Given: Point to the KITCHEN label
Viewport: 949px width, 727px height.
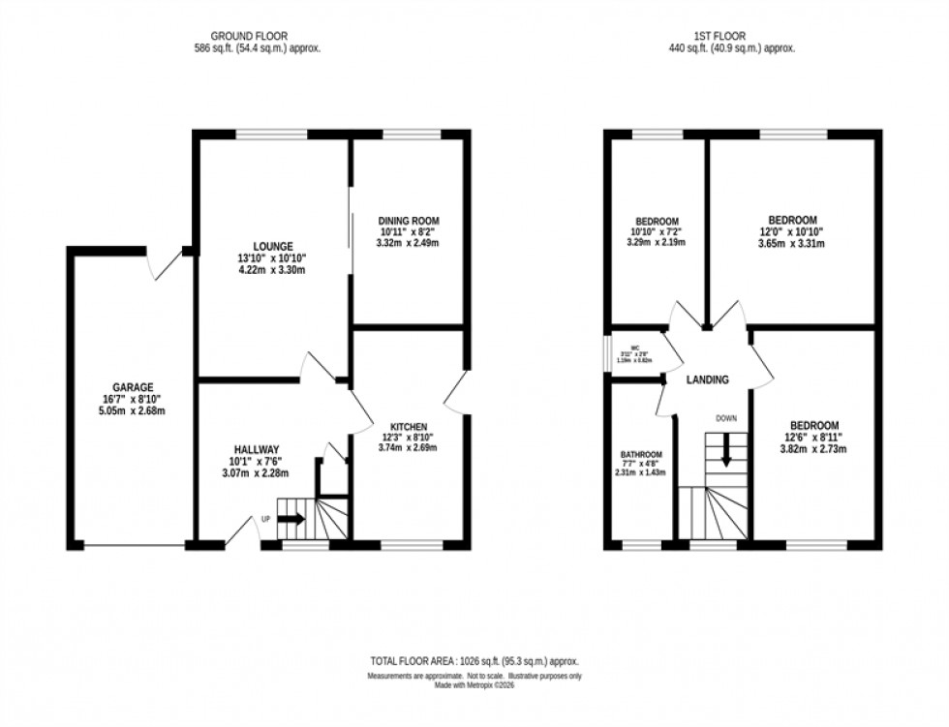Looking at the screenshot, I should coord(408,426).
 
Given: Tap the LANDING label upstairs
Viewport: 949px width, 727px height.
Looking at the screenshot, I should coord(707,380).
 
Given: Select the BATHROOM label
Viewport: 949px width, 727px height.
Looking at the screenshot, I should coord(641,455).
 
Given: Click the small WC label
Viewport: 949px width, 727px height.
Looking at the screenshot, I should coord(636,348).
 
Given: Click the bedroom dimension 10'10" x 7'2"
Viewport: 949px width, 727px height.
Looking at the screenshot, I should coord(657,231).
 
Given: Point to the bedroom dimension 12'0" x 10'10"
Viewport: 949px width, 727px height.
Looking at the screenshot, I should coord(791,231).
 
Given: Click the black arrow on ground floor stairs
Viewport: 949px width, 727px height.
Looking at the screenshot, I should coord(291,519).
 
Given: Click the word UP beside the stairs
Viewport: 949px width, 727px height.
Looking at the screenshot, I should coord(265,519).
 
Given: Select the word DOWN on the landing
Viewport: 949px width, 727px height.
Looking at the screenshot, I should coord(726,419).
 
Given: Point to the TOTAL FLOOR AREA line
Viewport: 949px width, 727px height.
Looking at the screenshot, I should coord(473,660).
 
